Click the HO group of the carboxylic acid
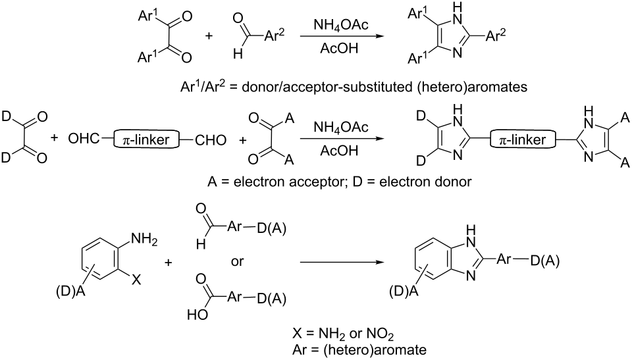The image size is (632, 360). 197,315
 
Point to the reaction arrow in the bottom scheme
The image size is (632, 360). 340,263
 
